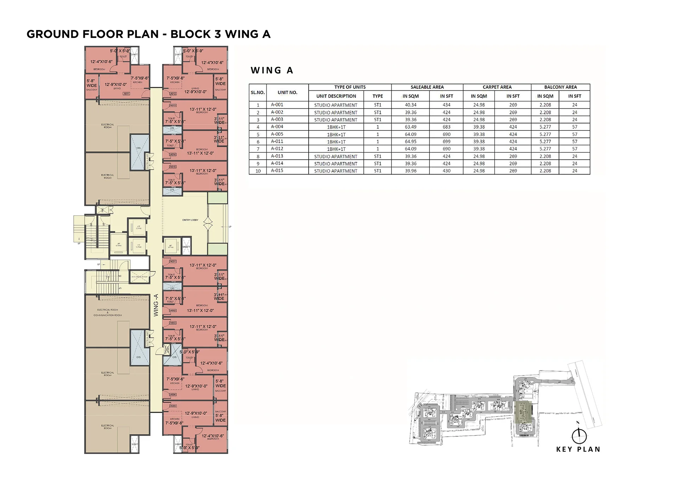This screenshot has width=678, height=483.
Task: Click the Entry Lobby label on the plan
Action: [190, 220]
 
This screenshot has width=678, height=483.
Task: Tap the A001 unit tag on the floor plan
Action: [173, 262]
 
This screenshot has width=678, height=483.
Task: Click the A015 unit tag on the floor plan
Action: [173, 167]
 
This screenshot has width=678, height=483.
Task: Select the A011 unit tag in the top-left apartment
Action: [126, 94]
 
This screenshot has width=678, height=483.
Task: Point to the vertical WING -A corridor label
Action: [156, 305]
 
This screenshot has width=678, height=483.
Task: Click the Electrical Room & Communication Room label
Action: [108, 313]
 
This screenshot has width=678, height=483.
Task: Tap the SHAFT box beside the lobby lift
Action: [186, 247]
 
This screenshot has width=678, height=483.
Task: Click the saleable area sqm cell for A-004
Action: [410, 127]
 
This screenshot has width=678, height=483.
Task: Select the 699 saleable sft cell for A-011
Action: [446, 141]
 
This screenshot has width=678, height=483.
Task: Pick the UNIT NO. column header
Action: [287, 93]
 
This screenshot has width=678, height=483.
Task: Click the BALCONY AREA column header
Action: [560, 87]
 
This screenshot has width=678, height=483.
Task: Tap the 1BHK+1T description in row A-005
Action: [336, 134]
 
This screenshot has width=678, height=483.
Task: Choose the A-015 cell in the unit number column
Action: [277, 171]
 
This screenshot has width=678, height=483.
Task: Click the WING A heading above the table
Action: [272, 70]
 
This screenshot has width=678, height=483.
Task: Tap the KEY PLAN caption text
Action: [578, 449]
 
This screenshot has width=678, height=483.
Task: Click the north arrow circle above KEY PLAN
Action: [579, 436]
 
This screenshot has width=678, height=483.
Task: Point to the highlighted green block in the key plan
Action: [523, 412]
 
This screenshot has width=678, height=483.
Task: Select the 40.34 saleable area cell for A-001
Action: [410, 105]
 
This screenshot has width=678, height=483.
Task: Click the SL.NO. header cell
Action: [258, 93]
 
